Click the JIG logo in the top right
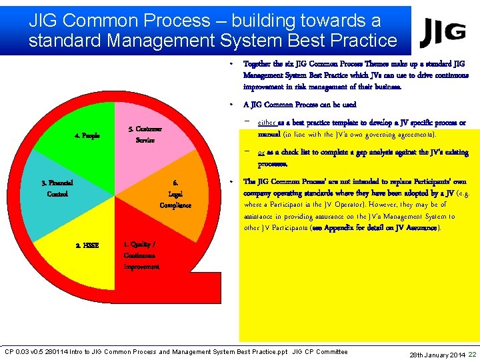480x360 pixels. [443, 29]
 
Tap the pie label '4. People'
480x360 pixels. [87, 135]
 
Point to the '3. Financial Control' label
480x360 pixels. [57, 188]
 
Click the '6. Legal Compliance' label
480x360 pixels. [175, 193]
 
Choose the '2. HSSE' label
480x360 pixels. [87, 245]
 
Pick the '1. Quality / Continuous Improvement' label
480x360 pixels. [141, 255]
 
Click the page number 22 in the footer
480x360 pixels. [472, 354]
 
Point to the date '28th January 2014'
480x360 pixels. [437, 355]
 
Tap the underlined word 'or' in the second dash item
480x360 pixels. [261, 153]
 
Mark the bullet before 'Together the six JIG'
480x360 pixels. [230, 65]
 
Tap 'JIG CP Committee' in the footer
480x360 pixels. [320, 352]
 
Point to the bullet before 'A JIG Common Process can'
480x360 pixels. [230, 105]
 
